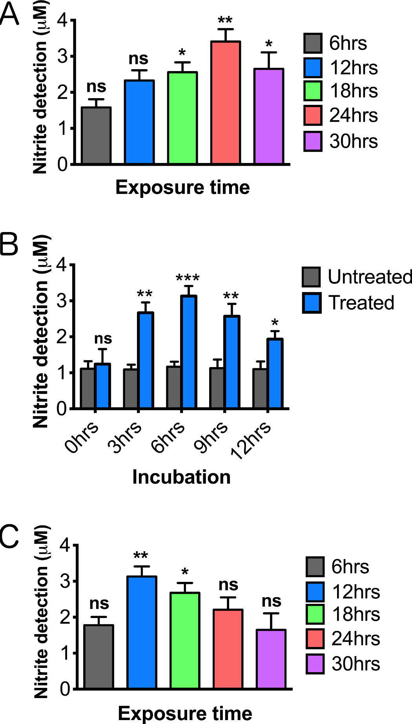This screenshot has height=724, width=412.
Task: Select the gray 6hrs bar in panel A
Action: pyautogui.click(x=96, y=135)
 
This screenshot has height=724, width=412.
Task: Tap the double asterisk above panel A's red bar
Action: pyautogui.click(x=225, y=20)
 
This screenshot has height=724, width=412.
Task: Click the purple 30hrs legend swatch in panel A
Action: pyautogui.click(x=313, y=141)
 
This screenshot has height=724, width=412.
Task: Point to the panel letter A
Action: pyautogui.click(x=9, y=15)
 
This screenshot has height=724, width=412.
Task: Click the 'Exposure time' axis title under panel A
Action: pyautogui.click(x=182, y=187)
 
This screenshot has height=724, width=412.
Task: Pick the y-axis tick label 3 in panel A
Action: pyautogui.click(x=63, y=57)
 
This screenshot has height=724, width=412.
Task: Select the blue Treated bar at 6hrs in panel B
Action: pyautogui.click(x=189, y=352)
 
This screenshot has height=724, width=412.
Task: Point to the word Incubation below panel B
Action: pyautogui.click(x=181, y=477)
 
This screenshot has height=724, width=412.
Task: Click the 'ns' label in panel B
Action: pyautogui.click(x=103, y=338)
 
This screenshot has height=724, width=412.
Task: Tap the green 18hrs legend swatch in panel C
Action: pyautogui.click(x=315, y=614)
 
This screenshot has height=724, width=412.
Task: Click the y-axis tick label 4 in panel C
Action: pyautogui.click(x=65, y=546)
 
